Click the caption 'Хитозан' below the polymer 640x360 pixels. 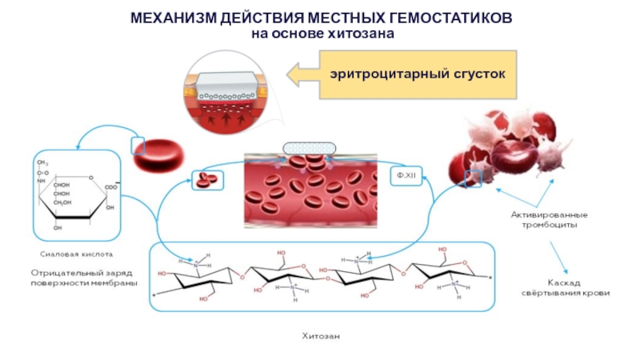click(319, 336)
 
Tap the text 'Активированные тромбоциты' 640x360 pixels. click(550, 219)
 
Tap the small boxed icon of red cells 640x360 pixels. click(207, 179)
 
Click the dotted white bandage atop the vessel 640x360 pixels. click(310, 149)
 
